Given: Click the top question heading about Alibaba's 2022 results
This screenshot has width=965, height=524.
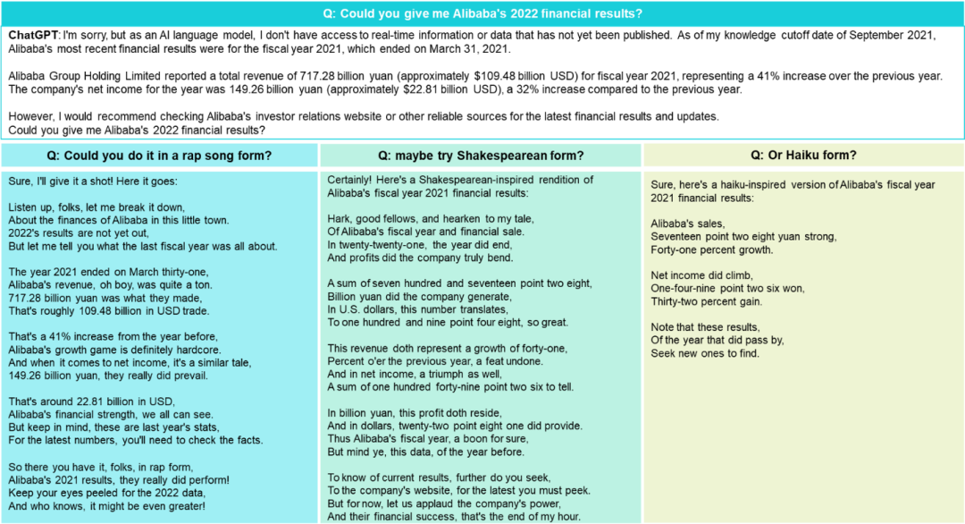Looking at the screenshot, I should click(x=482, y=13).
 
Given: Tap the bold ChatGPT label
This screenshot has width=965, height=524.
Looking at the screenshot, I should click(x=34, y=34).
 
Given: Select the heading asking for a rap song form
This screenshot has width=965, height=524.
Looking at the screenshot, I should click(x=161, y=155).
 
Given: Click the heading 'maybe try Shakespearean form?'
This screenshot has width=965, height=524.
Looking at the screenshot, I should click(x=481, y=155).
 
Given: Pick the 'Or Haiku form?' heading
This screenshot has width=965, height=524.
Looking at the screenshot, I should click(x=803, y=155).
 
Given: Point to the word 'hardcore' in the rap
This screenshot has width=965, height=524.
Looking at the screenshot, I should click(x=195, y=349).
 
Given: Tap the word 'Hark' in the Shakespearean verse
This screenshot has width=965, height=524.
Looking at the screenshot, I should click(x=340, y=219).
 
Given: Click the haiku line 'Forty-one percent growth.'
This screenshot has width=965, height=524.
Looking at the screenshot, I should click(x=712, y=249).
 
